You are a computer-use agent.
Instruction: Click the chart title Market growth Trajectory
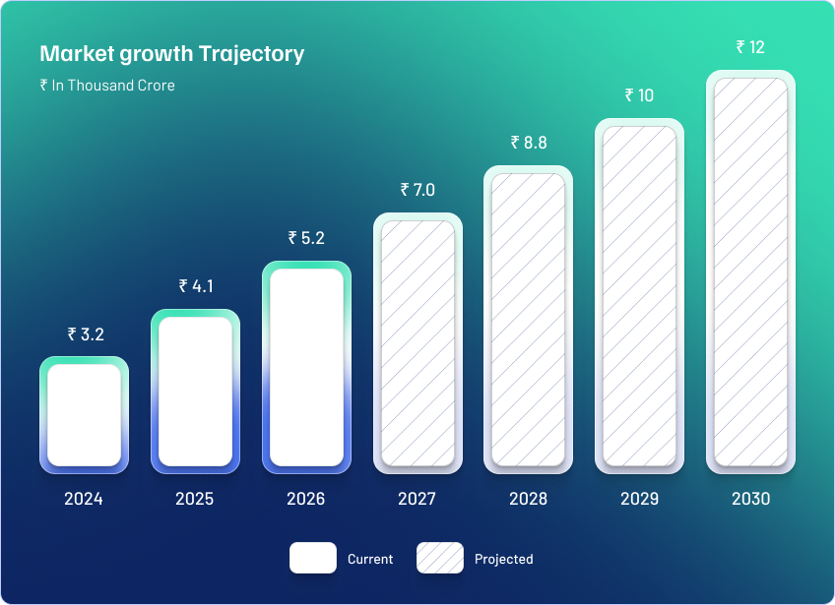[x=172, y=54]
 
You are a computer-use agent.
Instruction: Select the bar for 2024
[x=84, y=415]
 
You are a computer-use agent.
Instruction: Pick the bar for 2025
[x=195, y=392]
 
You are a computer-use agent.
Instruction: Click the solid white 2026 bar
[x=307, y=367]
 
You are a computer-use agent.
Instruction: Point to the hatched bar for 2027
[x=418, y=343]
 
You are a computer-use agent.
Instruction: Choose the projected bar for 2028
[x=528, y=320]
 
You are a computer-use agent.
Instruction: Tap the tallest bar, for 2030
[x=751, y=272]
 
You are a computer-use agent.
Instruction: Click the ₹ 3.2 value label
[x=86, y=334]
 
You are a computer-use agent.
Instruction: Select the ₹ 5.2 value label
[x=306, y=238]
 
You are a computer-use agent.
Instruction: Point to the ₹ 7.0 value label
[x=417, y=190]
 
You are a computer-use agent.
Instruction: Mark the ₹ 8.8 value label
[x=529, y=142]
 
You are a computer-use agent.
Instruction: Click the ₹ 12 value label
[x=750, y=47]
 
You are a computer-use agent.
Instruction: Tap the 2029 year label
[x=640, y=499]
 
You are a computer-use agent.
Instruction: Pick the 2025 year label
[x=194, y=499]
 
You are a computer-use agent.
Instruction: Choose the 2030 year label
[x=751, y=499]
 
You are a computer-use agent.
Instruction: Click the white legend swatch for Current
[x=313, y=558]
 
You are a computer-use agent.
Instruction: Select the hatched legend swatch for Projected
[x=440, y=558]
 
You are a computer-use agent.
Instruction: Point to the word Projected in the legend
[x=504, y=559]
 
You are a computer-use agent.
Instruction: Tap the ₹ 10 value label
[x=639, y=95]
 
